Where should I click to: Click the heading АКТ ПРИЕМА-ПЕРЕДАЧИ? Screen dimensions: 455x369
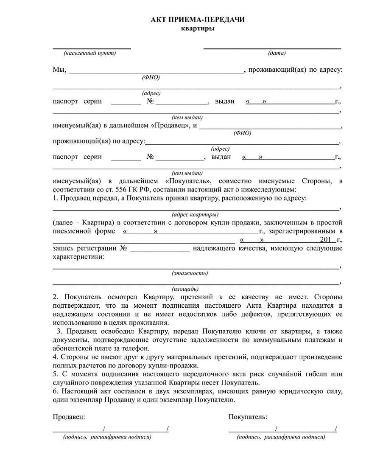198,20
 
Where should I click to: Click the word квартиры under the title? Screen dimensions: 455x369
198,28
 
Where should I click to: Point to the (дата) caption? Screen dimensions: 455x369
277,53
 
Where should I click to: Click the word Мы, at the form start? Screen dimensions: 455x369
59,70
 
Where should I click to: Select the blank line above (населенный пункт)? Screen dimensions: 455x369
92,48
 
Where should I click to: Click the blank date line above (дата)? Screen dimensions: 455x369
272,48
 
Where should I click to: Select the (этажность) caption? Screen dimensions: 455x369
190,272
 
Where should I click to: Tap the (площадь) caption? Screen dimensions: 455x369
185,289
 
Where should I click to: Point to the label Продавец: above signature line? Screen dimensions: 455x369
69,417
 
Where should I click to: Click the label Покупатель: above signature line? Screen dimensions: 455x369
248,417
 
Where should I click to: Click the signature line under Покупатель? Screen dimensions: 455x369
282,431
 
